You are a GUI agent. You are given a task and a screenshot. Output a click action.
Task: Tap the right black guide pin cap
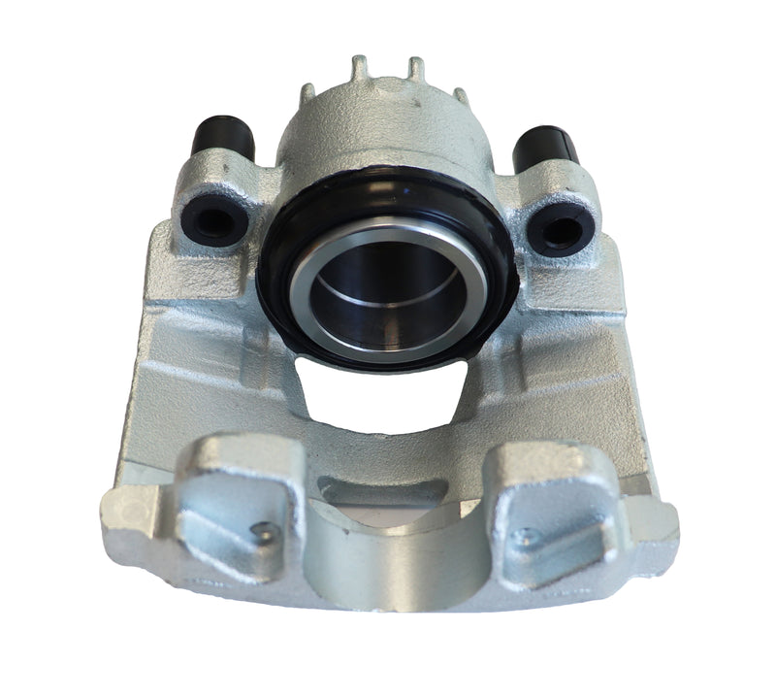click(546, 148)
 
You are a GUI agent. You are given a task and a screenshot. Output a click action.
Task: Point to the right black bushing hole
click(562, 229)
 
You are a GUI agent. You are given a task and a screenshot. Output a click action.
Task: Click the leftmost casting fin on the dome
click(308, 93)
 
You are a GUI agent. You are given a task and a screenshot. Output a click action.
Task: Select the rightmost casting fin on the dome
click(459, 97)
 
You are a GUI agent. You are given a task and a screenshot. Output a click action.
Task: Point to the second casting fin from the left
click(360, 67)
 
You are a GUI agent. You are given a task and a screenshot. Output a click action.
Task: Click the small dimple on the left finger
click(259, 530)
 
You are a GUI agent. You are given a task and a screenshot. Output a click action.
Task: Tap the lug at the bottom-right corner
click(660, 519)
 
